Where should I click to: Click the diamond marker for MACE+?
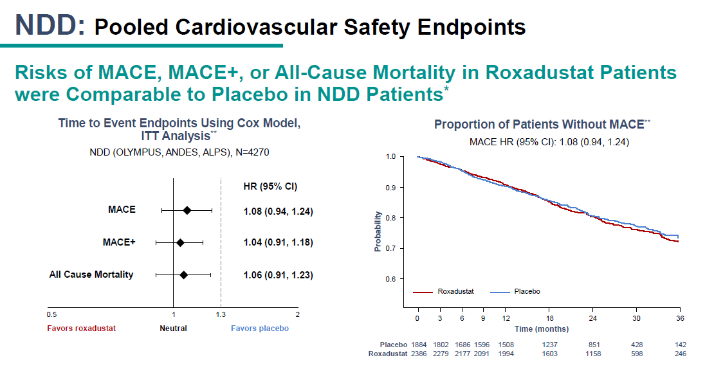(180, 242)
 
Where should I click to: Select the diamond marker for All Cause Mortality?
(184, 274)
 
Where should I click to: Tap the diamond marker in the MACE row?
(187, 210)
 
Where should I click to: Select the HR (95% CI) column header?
(270, 186)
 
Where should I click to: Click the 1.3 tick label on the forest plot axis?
(221, 314)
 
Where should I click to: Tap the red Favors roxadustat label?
(82, 328)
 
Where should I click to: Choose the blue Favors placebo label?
(260, 328)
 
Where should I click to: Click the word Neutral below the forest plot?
(173, 328)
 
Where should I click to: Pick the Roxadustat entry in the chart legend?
(443, 291)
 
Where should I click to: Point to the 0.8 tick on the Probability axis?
(390, 218)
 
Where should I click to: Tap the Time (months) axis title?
(542, 329)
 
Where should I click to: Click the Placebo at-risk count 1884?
(419, 344)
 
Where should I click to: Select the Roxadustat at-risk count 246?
(679, 354)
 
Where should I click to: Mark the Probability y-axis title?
(378, 231)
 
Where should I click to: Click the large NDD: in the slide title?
(50, 25)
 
